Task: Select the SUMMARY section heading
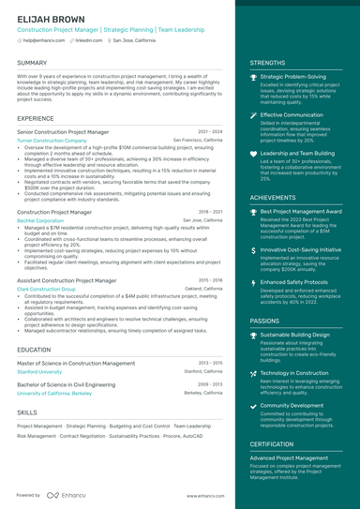(33, 63)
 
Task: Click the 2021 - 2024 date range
(210, 132)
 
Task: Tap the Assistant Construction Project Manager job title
(73, 280)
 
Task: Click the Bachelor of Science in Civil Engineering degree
(73, 384)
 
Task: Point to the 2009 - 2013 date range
(210, 384)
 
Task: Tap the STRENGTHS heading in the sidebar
(267, 63)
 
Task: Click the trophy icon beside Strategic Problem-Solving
(253, 77)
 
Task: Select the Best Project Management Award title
(301, 212)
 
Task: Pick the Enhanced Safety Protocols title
(295, 281)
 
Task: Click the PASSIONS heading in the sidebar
(264, 320)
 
